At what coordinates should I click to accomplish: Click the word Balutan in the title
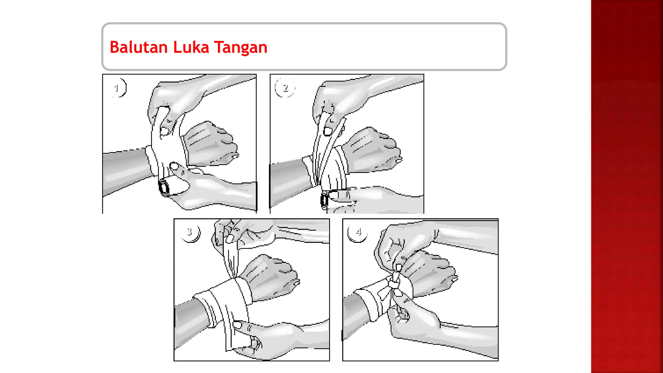139,47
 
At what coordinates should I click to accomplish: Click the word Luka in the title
191,47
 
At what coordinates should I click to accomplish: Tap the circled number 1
117,87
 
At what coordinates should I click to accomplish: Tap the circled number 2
285,87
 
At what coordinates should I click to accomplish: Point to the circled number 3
190,232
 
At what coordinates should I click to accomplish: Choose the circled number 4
358,232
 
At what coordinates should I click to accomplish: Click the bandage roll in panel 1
164,187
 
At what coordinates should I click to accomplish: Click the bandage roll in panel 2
325,200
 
